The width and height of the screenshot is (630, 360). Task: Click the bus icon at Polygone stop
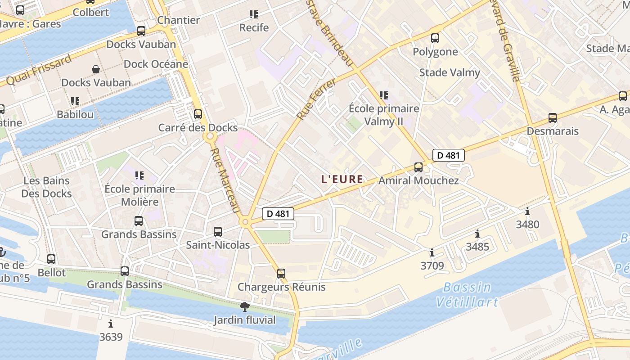tap(435, 38)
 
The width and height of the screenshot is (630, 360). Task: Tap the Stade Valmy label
tap(450, 72)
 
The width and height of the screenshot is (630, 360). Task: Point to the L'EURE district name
tap(342, 179)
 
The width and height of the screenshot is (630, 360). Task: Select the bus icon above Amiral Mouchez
tap(418, 167)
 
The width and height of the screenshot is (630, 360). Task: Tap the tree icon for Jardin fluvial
tap(245, 307)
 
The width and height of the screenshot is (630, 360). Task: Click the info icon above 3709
tap(432, 252)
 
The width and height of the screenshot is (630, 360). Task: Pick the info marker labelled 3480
tap(527, 211)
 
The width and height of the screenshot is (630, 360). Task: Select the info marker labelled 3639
tap(111, 324)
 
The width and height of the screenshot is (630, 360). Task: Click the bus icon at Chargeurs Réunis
tap(281, 273)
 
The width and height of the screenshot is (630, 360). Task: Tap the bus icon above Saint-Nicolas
tap(218, 232)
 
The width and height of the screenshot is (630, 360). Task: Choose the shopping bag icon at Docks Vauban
tap(96, 69)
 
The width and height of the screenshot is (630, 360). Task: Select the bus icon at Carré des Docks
tap(198, 114)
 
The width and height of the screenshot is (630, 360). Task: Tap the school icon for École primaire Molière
tap(139, 175)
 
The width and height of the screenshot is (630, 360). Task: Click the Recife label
tap(254, 27)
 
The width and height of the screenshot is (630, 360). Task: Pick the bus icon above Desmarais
tap(553, 118)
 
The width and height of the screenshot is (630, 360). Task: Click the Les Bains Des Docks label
tap(47, 187)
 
